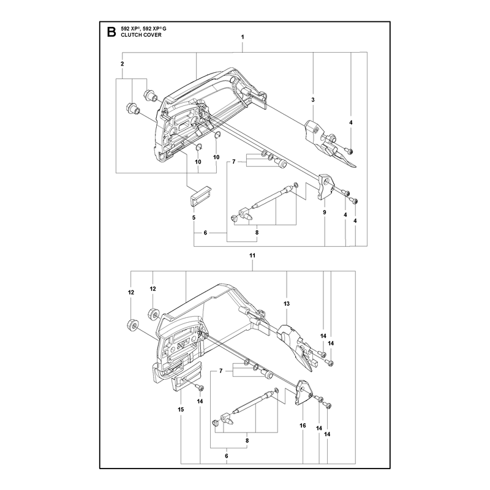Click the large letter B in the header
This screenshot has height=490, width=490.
click(111, 32)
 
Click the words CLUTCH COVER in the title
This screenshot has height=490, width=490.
click(141, 35)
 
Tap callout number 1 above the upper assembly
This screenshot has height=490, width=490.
click(243, 37)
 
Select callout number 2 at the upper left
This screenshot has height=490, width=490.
click(122, 64)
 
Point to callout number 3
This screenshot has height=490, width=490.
click(313, 100)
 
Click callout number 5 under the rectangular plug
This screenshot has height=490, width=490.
click(194, 217)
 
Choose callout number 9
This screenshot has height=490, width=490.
click(325, 212)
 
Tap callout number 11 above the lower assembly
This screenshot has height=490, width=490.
click(252, 255)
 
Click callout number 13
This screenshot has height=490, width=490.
click(287, 303)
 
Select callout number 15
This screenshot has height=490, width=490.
click(181, 409)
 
